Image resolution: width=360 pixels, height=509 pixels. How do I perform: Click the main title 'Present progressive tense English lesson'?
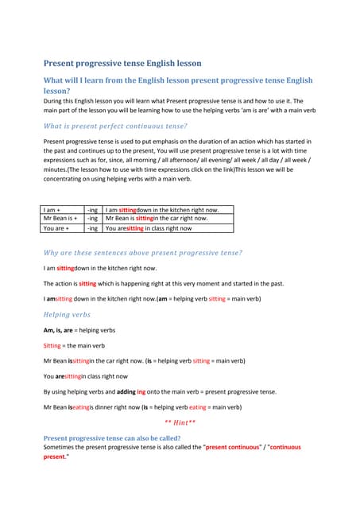[x=122, y=63]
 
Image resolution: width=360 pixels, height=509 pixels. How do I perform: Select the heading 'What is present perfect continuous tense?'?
[x=115, y=126]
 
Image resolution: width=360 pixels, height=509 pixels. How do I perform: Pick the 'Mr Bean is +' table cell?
[x=60, y=218]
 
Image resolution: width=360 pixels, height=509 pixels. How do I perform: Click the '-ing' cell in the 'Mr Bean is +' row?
[x=92, y=218]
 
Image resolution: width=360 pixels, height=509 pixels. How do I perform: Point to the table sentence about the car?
[x=157, y=218]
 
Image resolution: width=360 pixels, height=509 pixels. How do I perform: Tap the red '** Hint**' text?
[x=180, y=422]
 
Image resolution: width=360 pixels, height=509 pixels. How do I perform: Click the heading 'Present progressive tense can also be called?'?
[x=111, y=438]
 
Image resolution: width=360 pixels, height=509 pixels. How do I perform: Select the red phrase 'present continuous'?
[x=235, y=448]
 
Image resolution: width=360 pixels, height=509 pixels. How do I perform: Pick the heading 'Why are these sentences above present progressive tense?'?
[x=142, y=253]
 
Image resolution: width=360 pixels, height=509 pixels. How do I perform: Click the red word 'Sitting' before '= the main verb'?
[x=53, y=345]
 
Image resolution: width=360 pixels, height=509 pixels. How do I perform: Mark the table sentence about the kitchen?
[x=161, y=208]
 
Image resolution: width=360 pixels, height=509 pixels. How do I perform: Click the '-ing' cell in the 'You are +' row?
[x=92, y=227]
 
